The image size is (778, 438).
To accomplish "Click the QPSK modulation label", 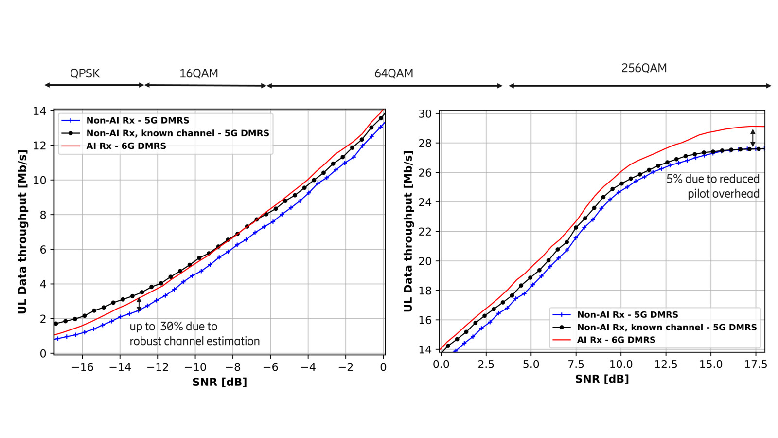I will (85, 73).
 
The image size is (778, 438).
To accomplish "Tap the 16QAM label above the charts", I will (198, 73).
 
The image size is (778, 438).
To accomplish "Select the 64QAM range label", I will (393, 73).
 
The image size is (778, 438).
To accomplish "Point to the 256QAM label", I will (644, 68).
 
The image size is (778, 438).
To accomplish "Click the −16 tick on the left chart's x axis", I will (82, 367).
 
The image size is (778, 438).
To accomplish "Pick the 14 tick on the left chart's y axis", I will (40, 111).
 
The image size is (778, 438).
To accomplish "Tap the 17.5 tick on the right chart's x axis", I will (756, 365).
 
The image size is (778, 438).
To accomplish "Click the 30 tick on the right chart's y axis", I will (425, 114).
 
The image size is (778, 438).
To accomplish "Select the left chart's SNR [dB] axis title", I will (219, 382).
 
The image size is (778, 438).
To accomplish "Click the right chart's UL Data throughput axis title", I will (408, 231).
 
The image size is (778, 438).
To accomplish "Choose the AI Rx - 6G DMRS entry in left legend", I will (126, 146).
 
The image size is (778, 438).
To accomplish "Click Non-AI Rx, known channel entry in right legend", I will (666, 327).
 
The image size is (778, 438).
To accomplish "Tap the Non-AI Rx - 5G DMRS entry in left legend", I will (138, 120).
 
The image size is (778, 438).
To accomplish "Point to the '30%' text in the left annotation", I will (172, 327).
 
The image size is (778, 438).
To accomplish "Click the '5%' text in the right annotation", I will (674, 179).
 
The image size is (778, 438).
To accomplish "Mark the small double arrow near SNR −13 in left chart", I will (139, 305).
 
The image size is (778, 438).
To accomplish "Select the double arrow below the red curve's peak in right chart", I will (753, 138).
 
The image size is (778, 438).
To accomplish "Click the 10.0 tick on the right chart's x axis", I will (621, 365).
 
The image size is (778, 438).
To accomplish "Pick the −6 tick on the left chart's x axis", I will (270, 367).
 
